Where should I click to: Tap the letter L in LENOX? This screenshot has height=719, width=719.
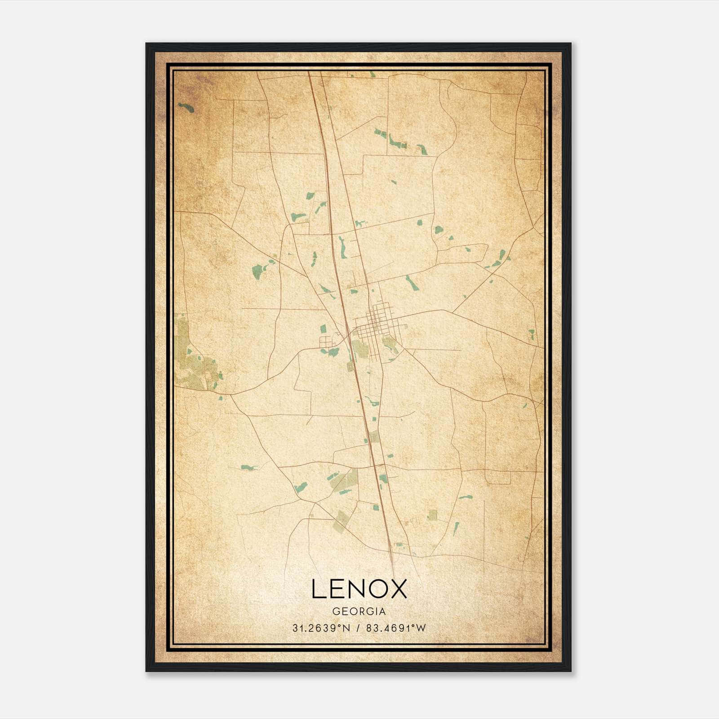(317, 589)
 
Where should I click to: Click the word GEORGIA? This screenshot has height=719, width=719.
(359, 612)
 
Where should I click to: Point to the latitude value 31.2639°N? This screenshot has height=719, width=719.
(321, 628)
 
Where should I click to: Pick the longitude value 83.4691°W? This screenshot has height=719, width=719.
(395, 628)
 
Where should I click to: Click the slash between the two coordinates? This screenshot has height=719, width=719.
(358, 628)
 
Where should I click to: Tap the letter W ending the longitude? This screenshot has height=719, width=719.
(421, 628)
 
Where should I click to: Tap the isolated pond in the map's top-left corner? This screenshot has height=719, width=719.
(186, 107)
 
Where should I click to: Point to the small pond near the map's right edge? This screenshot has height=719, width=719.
(532, 334)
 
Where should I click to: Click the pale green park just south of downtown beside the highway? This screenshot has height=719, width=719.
(359, 348)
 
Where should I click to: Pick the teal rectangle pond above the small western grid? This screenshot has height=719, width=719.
(323, 328)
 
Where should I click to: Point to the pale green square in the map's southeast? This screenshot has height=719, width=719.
(432, 515)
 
